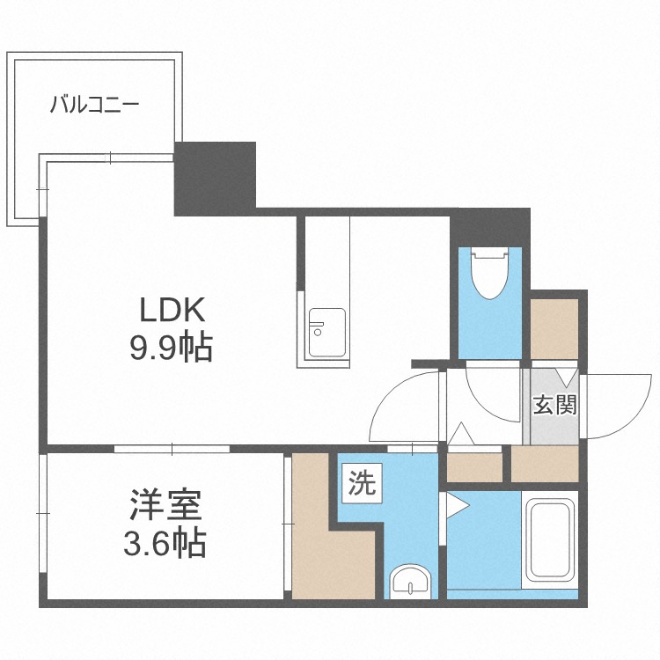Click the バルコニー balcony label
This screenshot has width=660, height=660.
tap(94, 105)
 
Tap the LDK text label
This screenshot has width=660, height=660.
tap(172, 310)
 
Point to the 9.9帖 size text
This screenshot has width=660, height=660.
tap(171, 348)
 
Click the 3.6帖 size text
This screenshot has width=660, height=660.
tap(165, 543)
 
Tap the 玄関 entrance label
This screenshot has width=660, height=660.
tap(554, 406)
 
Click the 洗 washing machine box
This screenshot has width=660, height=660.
tap(362, 483)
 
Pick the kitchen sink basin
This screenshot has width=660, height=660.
tap(327, 333)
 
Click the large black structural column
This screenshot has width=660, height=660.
tap(215, 179)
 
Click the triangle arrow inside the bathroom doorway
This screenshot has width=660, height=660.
tap(458, 506)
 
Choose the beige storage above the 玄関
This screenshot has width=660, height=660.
tap(554, 329)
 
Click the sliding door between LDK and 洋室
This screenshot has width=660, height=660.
tap(172, 449)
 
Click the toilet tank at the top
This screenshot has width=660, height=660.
tap(489, 253)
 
